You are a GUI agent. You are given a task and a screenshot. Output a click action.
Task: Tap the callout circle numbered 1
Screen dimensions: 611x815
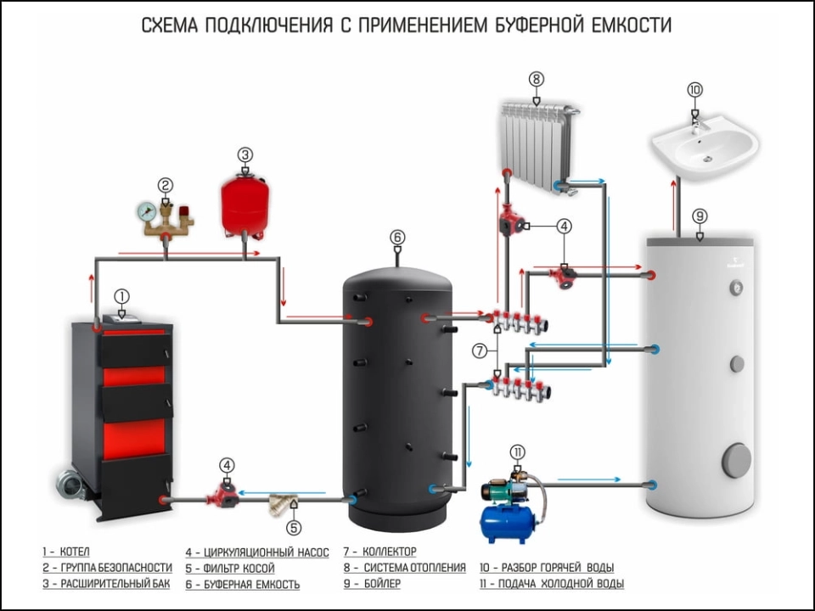122,296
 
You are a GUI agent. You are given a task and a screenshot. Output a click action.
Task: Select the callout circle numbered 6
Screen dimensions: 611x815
396,237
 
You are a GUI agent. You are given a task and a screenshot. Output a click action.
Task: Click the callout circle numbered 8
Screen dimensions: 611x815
536,79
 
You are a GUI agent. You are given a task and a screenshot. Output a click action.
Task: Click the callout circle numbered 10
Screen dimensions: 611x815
694,89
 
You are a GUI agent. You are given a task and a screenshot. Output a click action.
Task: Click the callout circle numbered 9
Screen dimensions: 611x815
700,216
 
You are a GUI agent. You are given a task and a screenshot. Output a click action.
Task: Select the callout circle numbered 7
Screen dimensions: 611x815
481,350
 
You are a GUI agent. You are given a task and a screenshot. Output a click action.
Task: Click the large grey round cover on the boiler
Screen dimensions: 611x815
736,460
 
